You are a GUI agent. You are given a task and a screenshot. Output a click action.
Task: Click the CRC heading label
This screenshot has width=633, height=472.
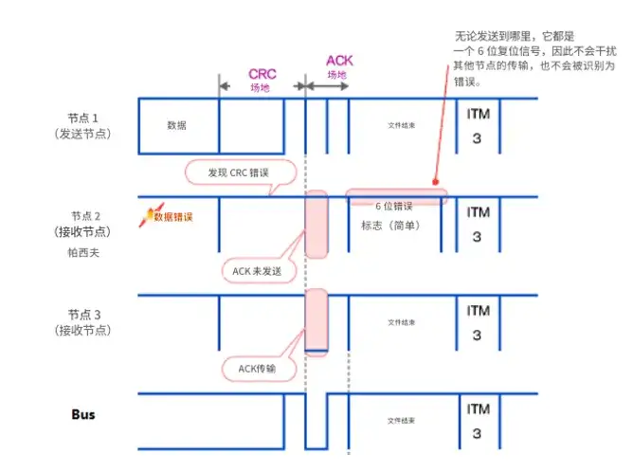tap(262, 72)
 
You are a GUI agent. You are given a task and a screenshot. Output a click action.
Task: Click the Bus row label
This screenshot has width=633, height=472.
tap(83, 414)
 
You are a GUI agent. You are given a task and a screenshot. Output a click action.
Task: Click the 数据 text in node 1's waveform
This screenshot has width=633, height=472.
tap(176, 124)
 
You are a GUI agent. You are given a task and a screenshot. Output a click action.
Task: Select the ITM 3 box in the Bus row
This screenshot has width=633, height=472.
tap(478, 420)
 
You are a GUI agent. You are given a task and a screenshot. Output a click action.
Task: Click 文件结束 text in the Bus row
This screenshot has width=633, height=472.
tap(403, 420)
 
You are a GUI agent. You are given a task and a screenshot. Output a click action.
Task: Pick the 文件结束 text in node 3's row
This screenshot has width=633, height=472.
tap(403, 322)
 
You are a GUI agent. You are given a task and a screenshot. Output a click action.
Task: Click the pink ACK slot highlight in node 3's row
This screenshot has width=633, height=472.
tap(316, 320)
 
